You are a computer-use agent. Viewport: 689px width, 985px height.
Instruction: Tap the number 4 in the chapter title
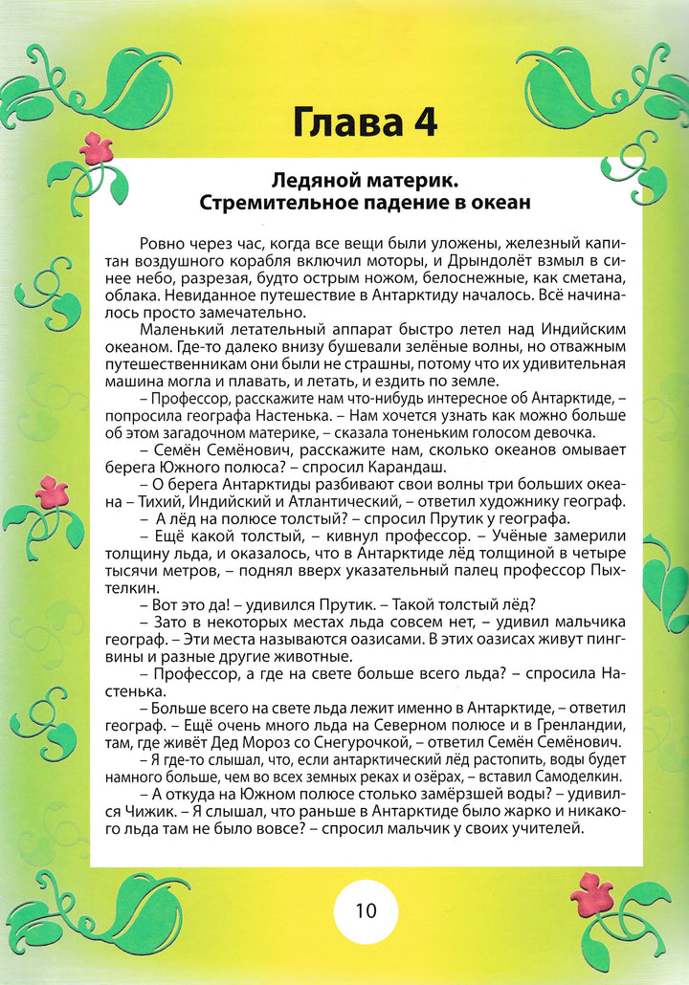tap(422, 124)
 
